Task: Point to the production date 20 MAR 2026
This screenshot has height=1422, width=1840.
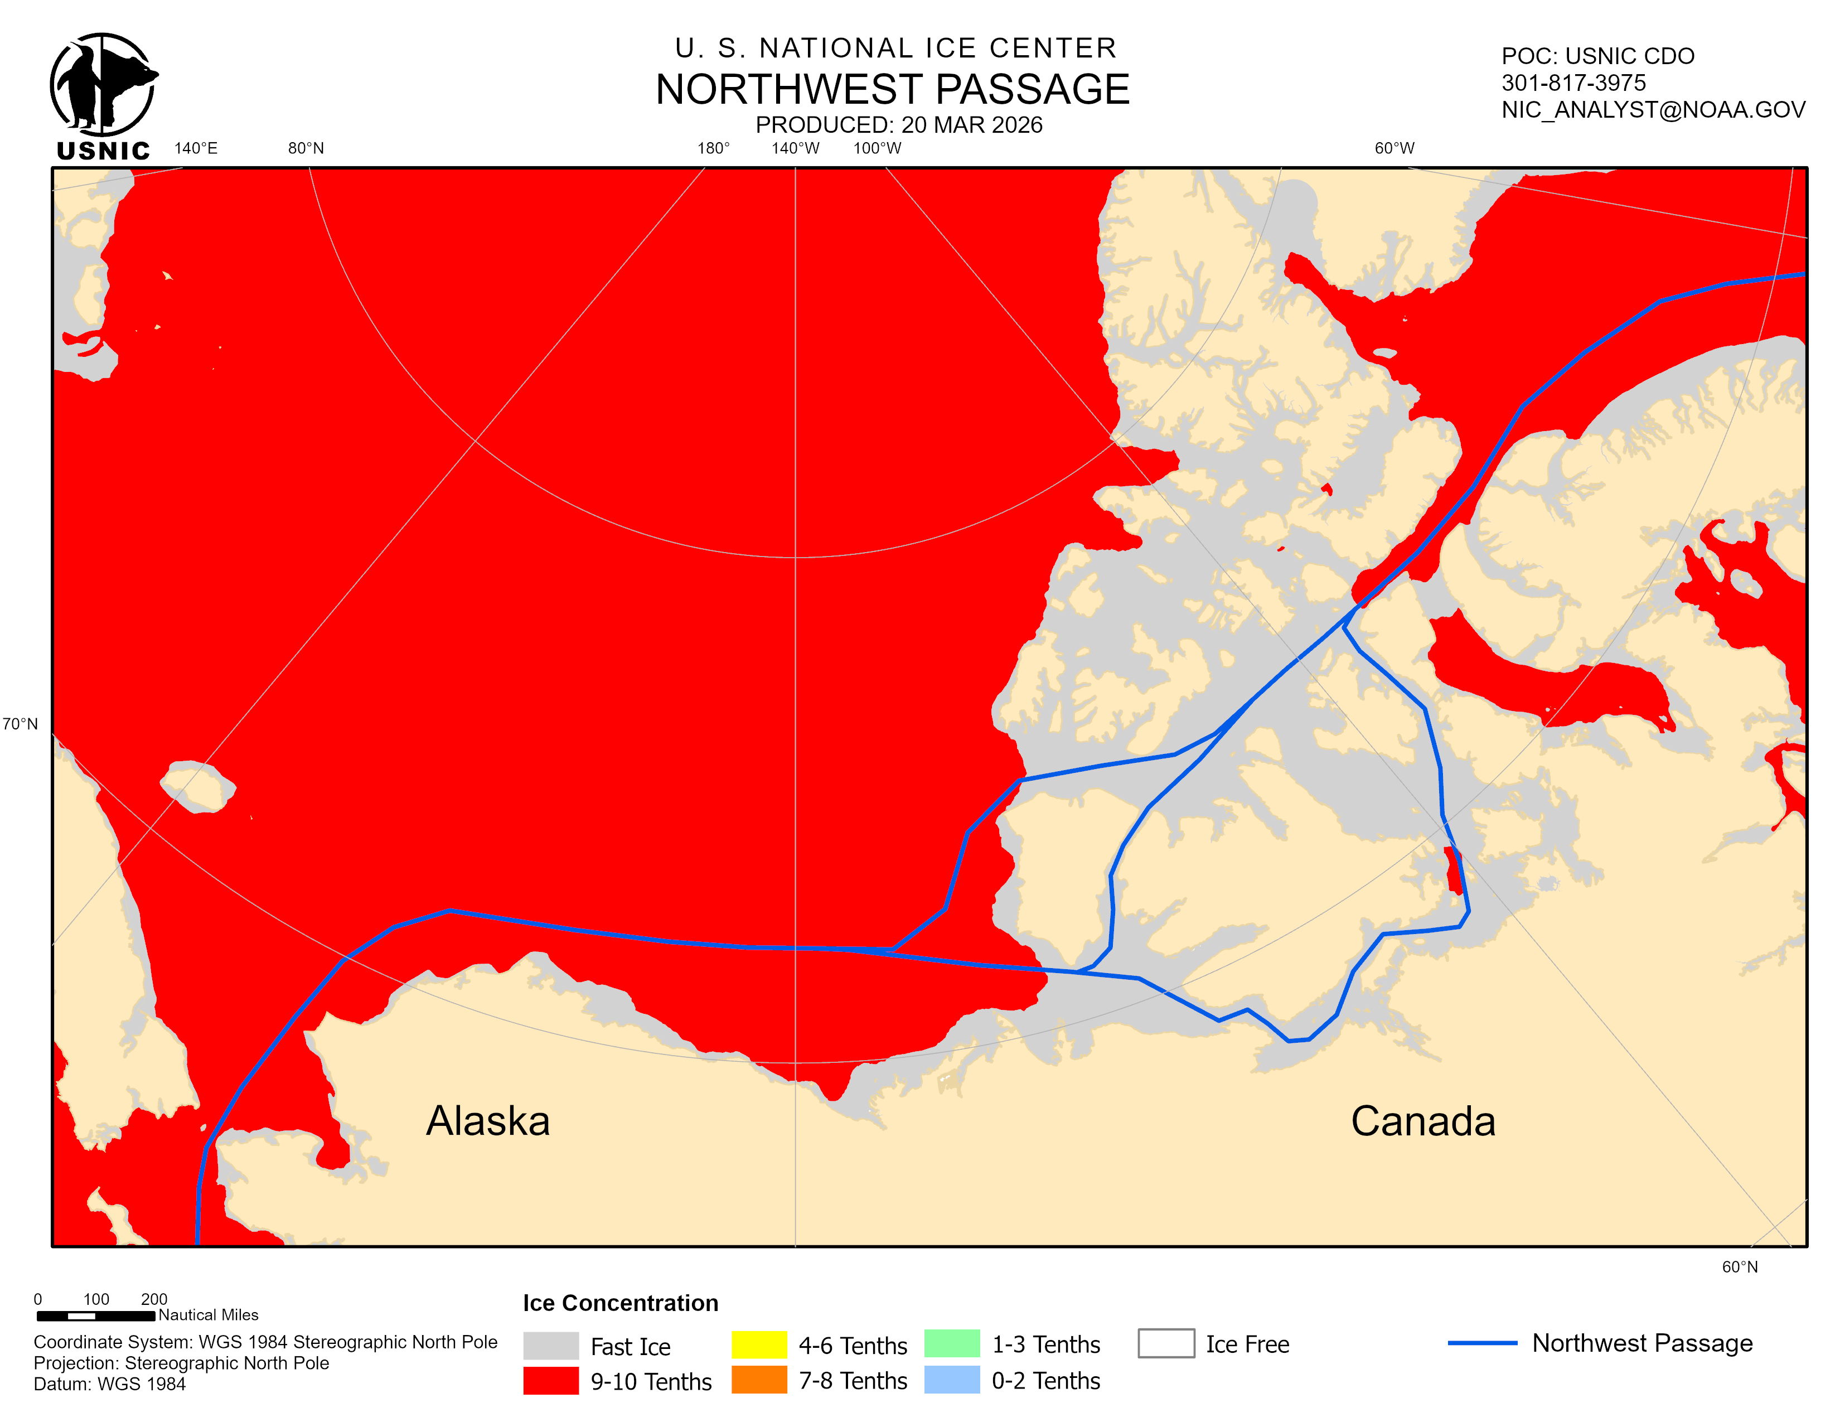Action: (899, 125)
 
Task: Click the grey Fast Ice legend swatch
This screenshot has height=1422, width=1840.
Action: (550, 1346)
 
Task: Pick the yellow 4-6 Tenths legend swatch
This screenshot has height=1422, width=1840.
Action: (758, 1344)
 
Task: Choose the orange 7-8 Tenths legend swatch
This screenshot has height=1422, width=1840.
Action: (758, 1380)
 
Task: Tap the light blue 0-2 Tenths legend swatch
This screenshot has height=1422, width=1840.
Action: (951, 1380)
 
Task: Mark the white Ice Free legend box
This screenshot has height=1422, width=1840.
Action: (1165, 1343)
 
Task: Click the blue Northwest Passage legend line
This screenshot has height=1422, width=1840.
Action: (1482, 1343)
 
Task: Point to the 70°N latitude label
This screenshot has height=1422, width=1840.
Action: (20, 724)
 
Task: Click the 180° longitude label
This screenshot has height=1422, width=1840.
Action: (713, 148)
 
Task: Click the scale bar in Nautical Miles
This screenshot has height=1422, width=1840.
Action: (95, 1315)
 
